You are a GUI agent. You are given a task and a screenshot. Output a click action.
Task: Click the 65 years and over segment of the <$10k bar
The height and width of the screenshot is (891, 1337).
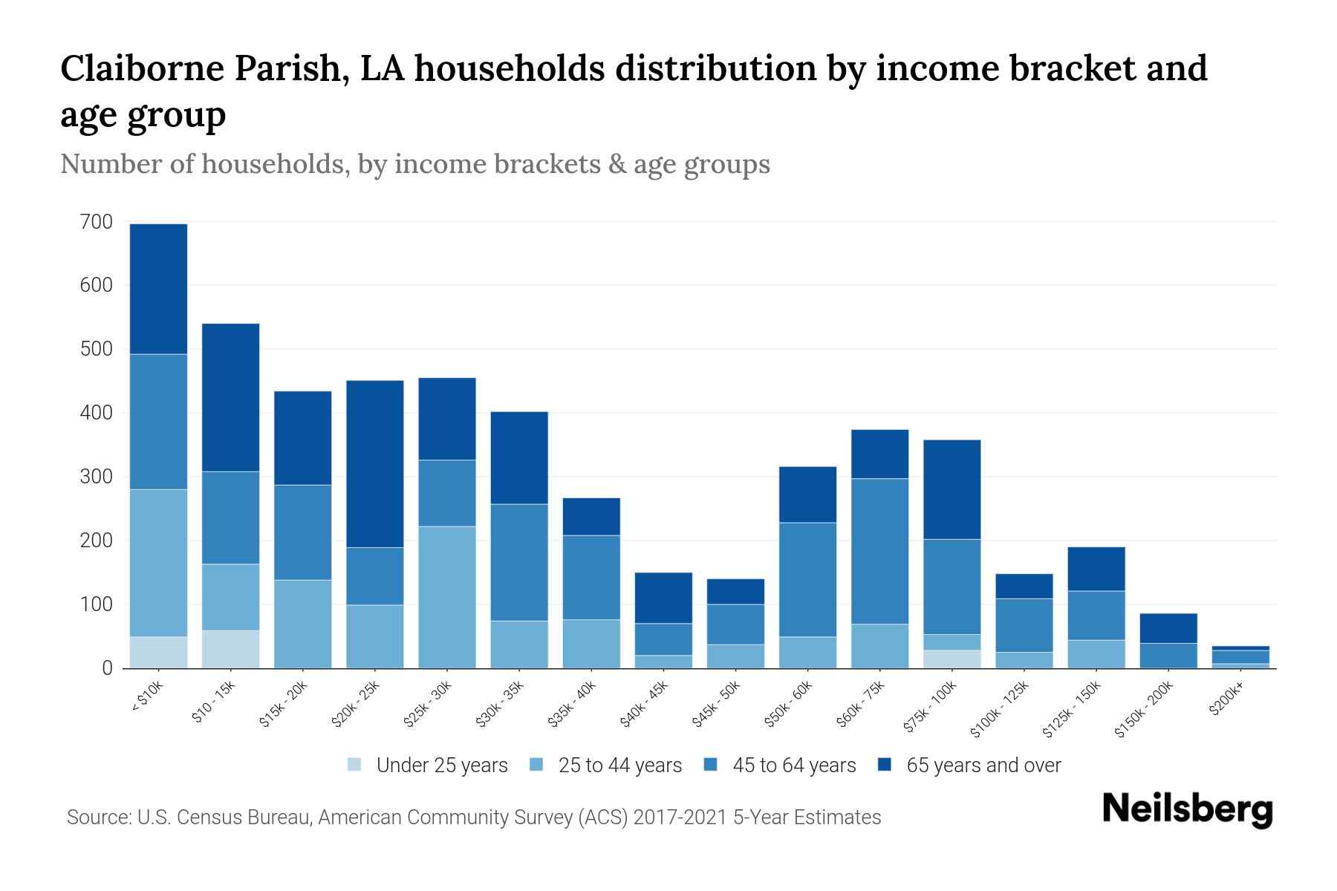[158, 289]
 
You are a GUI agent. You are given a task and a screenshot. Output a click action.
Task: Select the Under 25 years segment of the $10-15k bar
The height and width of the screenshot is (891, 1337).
[230, 649]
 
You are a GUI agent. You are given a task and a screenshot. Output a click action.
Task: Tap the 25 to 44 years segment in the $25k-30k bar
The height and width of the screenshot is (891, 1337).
[447, 597]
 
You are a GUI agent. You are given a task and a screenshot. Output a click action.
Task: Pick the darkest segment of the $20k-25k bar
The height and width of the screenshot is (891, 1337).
[375, 464]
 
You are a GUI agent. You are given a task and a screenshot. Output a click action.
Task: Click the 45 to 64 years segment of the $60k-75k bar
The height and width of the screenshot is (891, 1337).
[879, 551]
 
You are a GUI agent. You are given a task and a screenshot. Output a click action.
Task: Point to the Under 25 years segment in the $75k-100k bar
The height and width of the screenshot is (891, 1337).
[951, 659]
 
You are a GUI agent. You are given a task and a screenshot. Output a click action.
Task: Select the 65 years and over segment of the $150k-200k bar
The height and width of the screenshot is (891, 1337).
[1168, 628]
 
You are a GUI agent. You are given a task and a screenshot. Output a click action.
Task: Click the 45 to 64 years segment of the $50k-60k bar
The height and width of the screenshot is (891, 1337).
[807, 579]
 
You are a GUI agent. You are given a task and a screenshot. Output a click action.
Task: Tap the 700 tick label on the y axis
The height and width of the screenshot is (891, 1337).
[97, 221]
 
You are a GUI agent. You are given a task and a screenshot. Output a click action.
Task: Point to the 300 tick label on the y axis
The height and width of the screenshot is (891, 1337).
[97, 477]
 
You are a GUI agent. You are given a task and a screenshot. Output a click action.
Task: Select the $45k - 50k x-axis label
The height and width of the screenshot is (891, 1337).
[718, 705]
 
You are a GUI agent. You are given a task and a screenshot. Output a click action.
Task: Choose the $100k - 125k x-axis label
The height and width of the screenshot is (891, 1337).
[1000, 710]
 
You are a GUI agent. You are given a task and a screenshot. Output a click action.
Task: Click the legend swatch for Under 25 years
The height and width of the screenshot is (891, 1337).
[355, 765]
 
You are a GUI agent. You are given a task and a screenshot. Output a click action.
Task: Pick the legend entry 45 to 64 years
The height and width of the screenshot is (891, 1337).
[793, 765]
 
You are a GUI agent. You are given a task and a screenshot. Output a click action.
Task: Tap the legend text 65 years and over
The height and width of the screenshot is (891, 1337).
[983, 765]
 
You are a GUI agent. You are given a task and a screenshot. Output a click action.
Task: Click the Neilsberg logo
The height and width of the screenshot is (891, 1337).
[1187, 809]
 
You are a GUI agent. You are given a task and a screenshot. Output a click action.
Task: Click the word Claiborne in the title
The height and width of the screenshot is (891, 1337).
[142, 68]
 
